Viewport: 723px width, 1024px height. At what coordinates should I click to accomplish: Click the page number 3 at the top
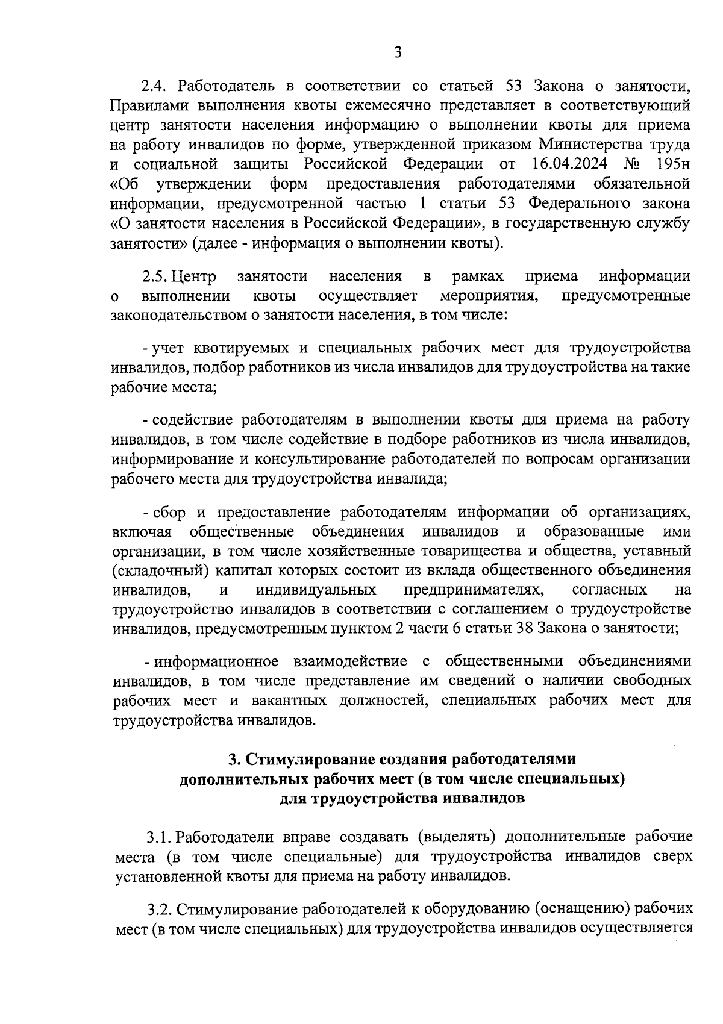[398, 53]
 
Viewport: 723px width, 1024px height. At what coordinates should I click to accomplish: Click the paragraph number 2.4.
[153, 87]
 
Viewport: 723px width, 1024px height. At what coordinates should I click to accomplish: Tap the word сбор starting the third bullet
[171, 513]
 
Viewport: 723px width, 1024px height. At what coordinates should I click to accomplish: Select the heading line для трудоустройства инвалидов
[402, 799]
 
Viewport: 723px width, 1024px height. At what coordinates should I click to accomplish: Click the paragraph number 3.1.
[158, 838]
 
